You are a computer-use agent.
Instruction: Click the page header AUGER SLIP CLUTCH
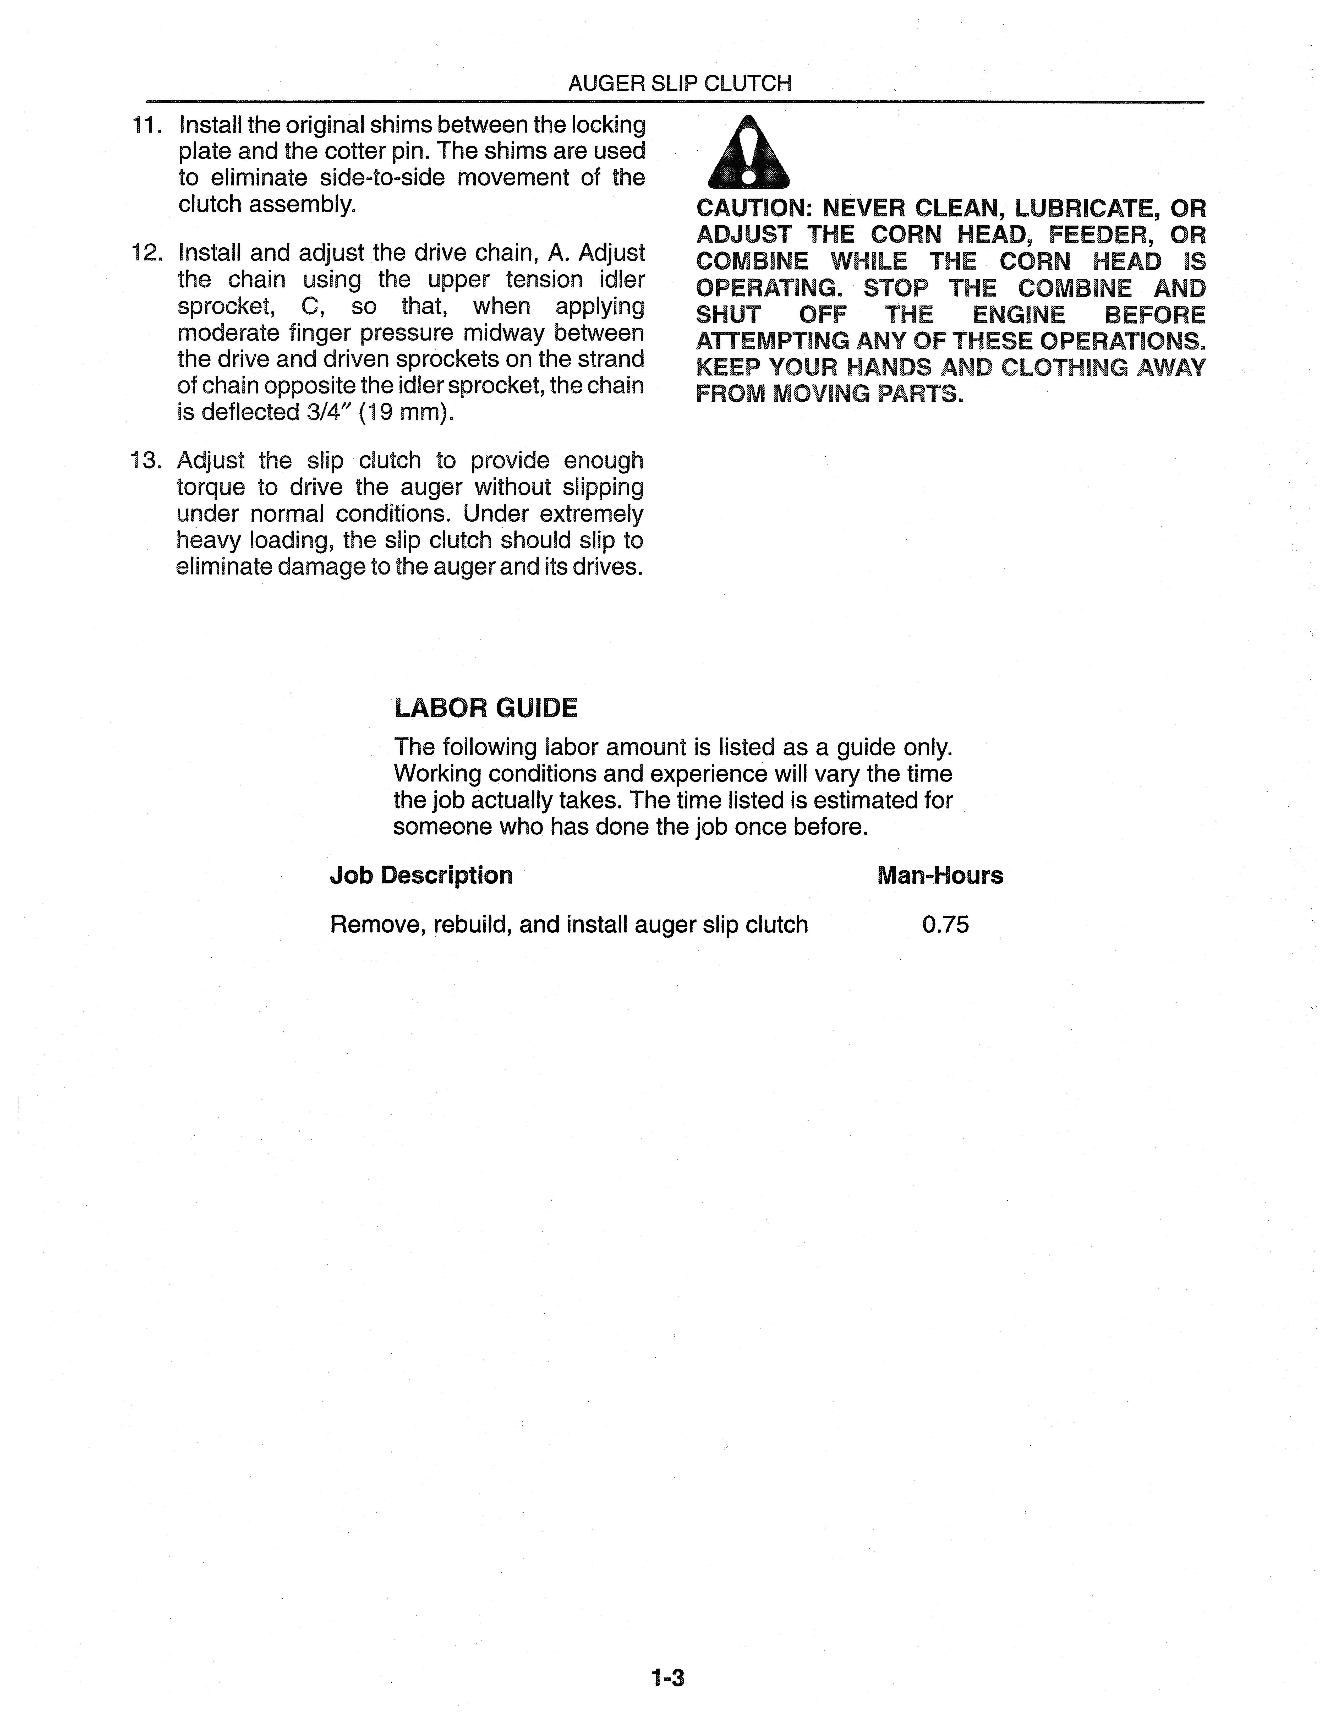(x=679, y=84)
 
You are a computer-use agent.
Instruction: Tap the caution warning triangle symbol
(x=749, y=153)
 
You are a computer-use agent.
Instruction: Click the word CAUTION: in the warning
(x=754, y=209)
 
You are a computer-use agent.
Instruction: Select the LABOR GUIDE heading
(x=485, y=708)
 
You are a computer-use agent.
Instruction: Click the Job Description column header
(x=420, y=875)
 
